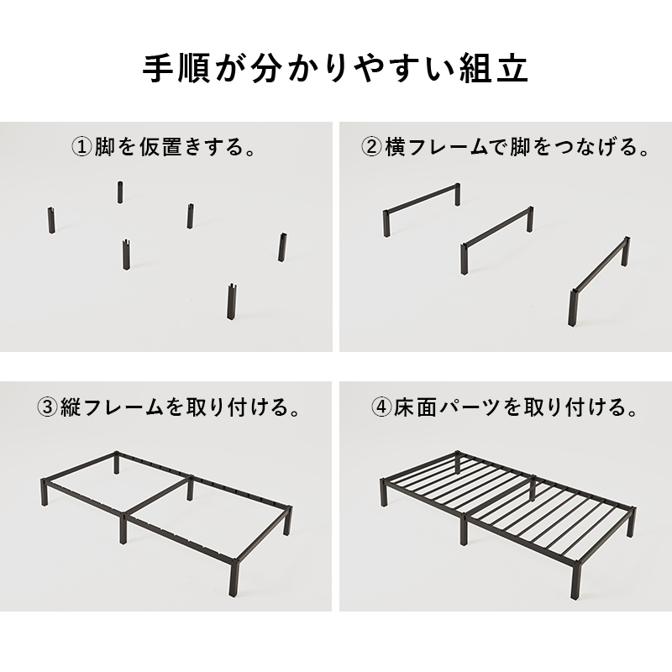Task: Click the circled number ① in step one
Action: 82,148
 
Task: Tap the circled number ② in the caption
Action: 372,148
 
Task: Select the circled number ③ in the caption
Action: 47,409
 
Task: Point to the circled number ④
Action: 381,409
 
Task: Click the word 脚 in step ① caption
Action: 104,148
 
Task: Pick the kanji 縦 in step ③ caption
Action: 69,409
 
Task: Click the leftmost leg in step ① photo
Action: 51,220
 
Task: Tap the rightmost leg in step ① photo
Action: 283,247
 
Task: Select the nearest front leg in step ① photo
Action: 231,301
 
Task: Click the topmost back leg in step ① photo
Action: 120,191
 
